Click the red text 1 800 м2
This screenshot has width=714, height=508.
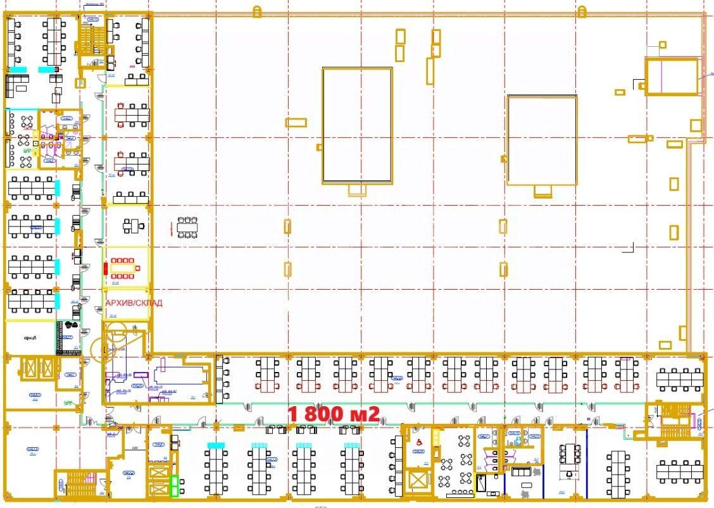(x=334, y=414)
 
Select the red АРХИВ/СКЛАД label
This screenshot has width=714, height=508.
(x=134, y=303)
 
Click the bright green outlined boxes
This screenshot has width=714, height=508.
(x=174, y=486)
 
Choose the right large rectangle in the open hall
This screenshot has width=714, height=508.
(x=542, y=140)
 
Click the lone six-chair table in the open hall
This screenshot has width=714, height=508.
(x=187, y=226)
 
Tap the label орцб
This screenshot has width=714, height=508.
(x=30, y=338)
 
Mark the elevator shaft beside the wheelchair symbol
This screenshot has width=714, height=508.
(x=418, y=480)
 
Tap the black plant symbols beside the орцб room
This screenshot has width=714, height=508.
(x=68, y=325)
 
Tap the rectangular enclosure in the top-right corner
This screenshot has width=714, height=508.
(x=671, y=76)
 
